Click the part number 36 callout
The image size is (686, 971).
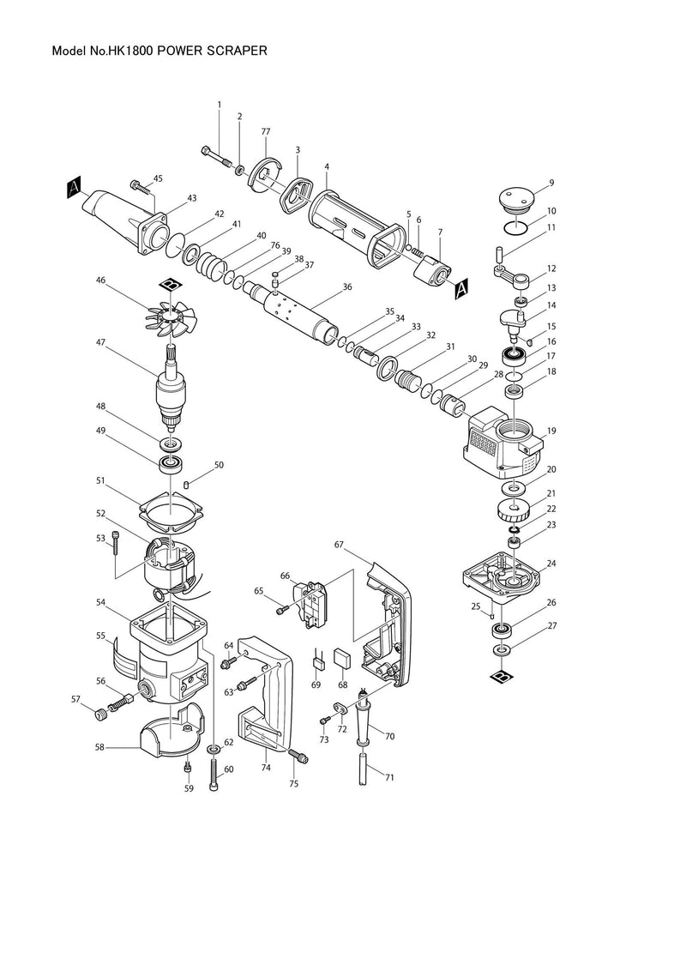[346, 287]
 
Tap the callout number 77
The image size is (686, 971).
[266, 132]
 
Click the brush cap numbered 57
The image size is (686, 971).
[100, 715]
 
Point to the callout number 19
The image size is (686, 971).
[551, 431]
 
